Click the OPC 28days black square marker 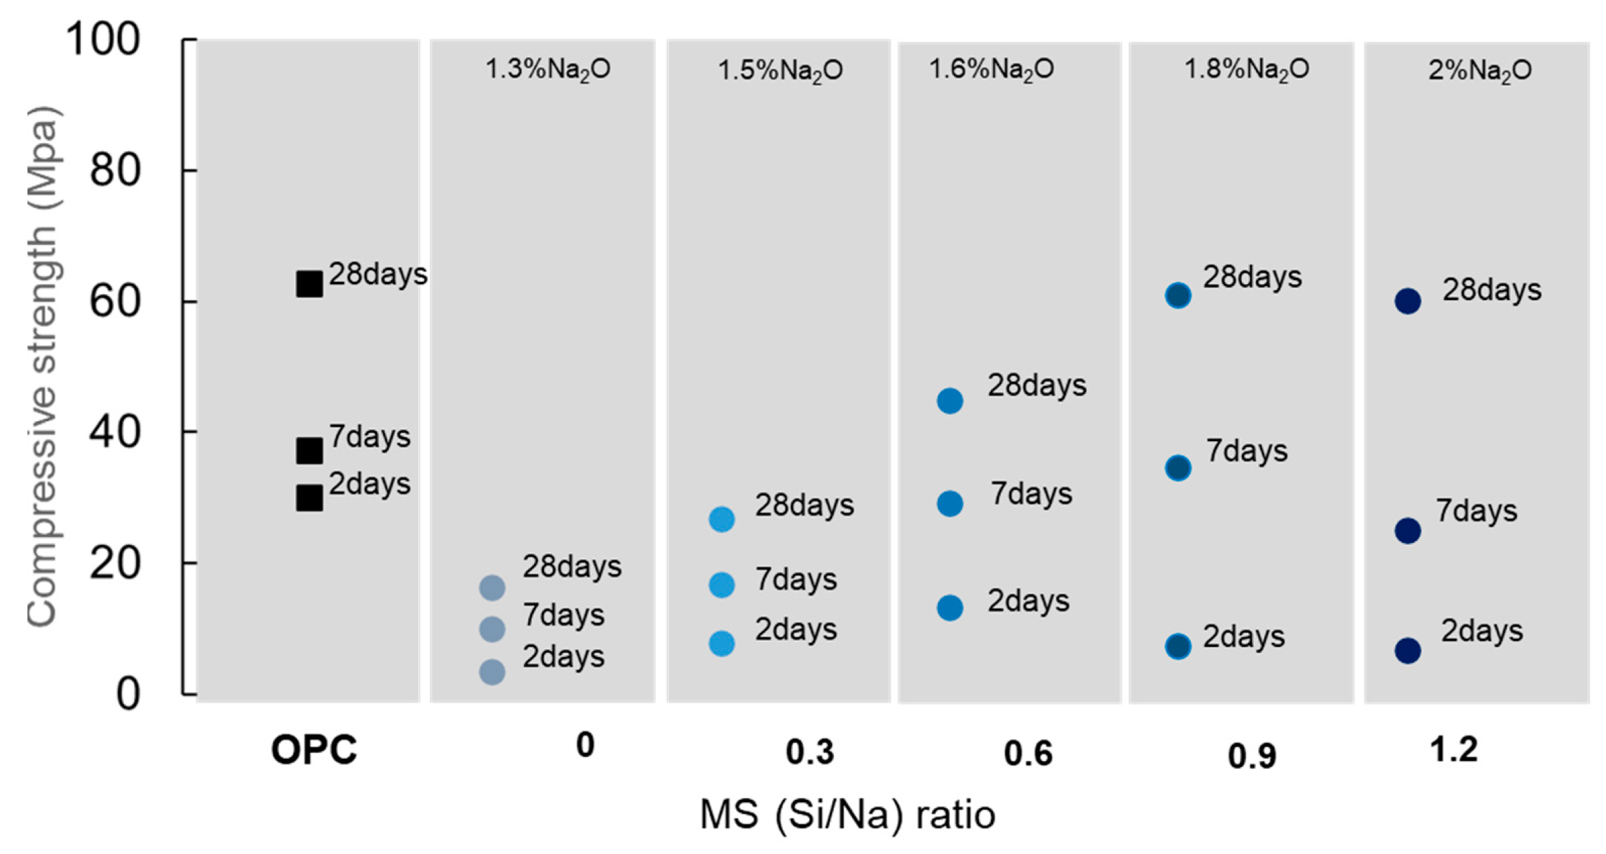click(x=309, y=284)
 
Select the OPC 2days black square click(x=309, y=498)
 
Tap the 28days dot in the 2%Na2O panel click(x=1408, y=301)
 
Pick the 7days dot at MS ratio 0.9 click(x=1178, y=467)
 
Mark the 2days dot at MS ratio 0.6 click(x=950, y=608)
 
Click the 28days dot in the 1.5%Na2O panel click(x=722, y=519)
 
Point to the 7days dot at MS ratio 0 click(x=492, y=629)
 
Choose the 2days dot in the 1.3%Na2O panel click(x=492, y=672)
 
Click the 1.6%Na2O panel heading click(x=991, y=69)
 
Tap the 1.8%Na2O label click(x=1247, y=69)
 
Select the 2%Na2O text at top click(x=1480, y=71)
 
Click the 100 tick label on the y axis click(x=102, y=39)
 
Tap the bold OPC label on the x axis click(x=314, y=749)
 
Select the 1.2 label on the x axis click(x=1454, y=749)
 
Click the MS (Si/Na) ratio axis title click(x=847, y=815)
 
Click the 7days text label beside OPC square click(x=369, y=437)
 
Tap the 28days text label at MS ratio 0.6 click(x=1037, y=386)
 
